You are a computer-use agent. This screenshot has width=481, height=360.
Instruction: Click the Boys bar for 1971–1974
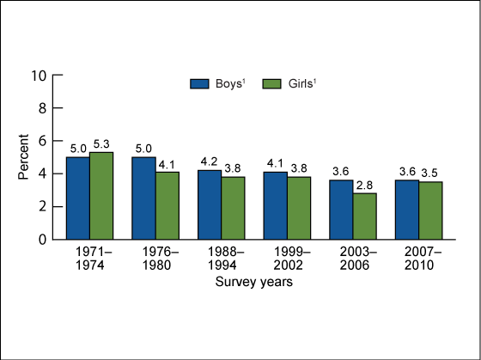tap(78, 198)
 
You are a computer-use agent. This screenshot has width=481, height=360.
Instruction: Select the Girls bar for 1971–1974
tap(101, 195)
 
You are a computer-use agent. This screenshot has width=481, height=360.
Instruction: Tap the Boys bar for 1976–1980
tap(143, 198)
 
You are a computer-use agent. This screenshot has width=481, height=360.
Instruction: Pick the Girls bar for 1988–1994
tap(233, 208)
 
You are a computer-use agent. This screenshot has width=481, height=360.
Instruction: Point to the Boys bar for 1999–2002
tap(275, 205)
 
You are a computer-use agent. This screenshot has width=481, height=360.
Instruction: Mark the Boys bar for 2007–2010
tap(407, 210)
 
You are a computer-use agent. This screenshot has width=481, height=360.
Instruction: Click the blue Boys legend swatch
tap(200, 83)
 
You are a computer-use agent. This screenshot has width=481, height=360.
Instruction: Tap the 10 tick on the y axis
tap(39, 76)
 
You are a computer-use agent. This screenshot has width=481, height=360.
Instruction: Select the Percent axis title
tap(23, 157)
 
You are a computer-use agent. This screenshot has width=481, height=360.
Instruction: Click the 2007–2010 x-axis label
tap(418, 257)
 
